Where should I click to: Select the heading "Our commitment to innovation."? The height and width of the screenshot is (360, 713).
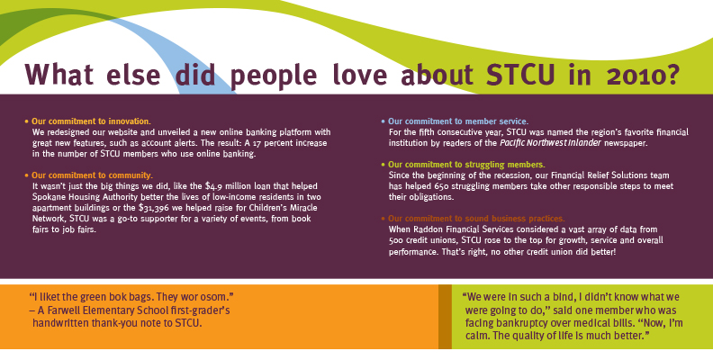(91, 121)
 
